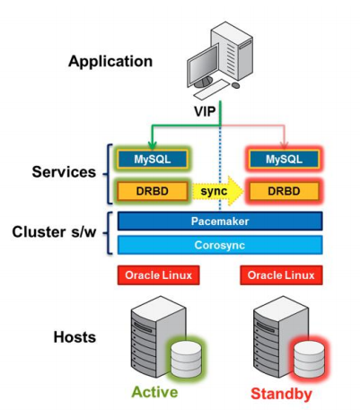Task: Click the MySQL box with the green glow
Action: pyautogui.click(x=153, y=159)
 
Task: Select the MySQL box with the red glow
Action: pyautogui.click(x=285, y=159)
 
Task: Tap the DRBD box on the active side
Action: pyautogui.click(x=153, y=191)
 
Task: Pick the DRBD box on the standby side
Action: pyautogui.click(x=285, y=191)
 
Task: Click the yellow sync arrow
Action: pyautogui.click(x=217, y=191)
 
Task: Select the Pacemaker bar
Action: pyautogui.click(x=220, y=222)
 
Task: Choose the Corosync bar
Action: pyautogui.click(x=220, y=245)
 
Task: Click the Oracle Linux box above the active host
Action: pyautogui.click(x=159, y=275)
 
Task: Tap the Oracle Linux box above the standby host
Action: pyautogui.click(x=281, y=275)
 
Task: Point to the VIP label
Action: pyautogui.click(x=205, y=111)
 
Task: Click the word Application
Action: pyautogui.click(x=110, y=62)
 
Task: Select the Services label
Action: pyautogui.click(x=64, y=172)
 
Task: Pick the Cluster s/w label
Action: pyautogui.click(x=54, y=231)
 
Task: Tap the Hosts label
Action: pyautogui.click(x=75, y=337)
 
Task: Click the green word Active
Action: pyautogui.click(x=154, y=392)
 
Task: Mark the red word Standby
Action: pyautogui.click(x=281, y=394)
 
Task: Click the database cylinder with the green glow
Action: pyautogui.click(x=186, y=359)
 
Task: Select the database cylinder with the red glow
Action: pyautogui.click(x=309, y=359)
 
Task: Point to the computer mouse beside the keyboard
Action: pyautogui.click(x=236, y=85)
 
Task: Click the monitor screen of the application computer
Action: pyautogui.click(x=204, y=64)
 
